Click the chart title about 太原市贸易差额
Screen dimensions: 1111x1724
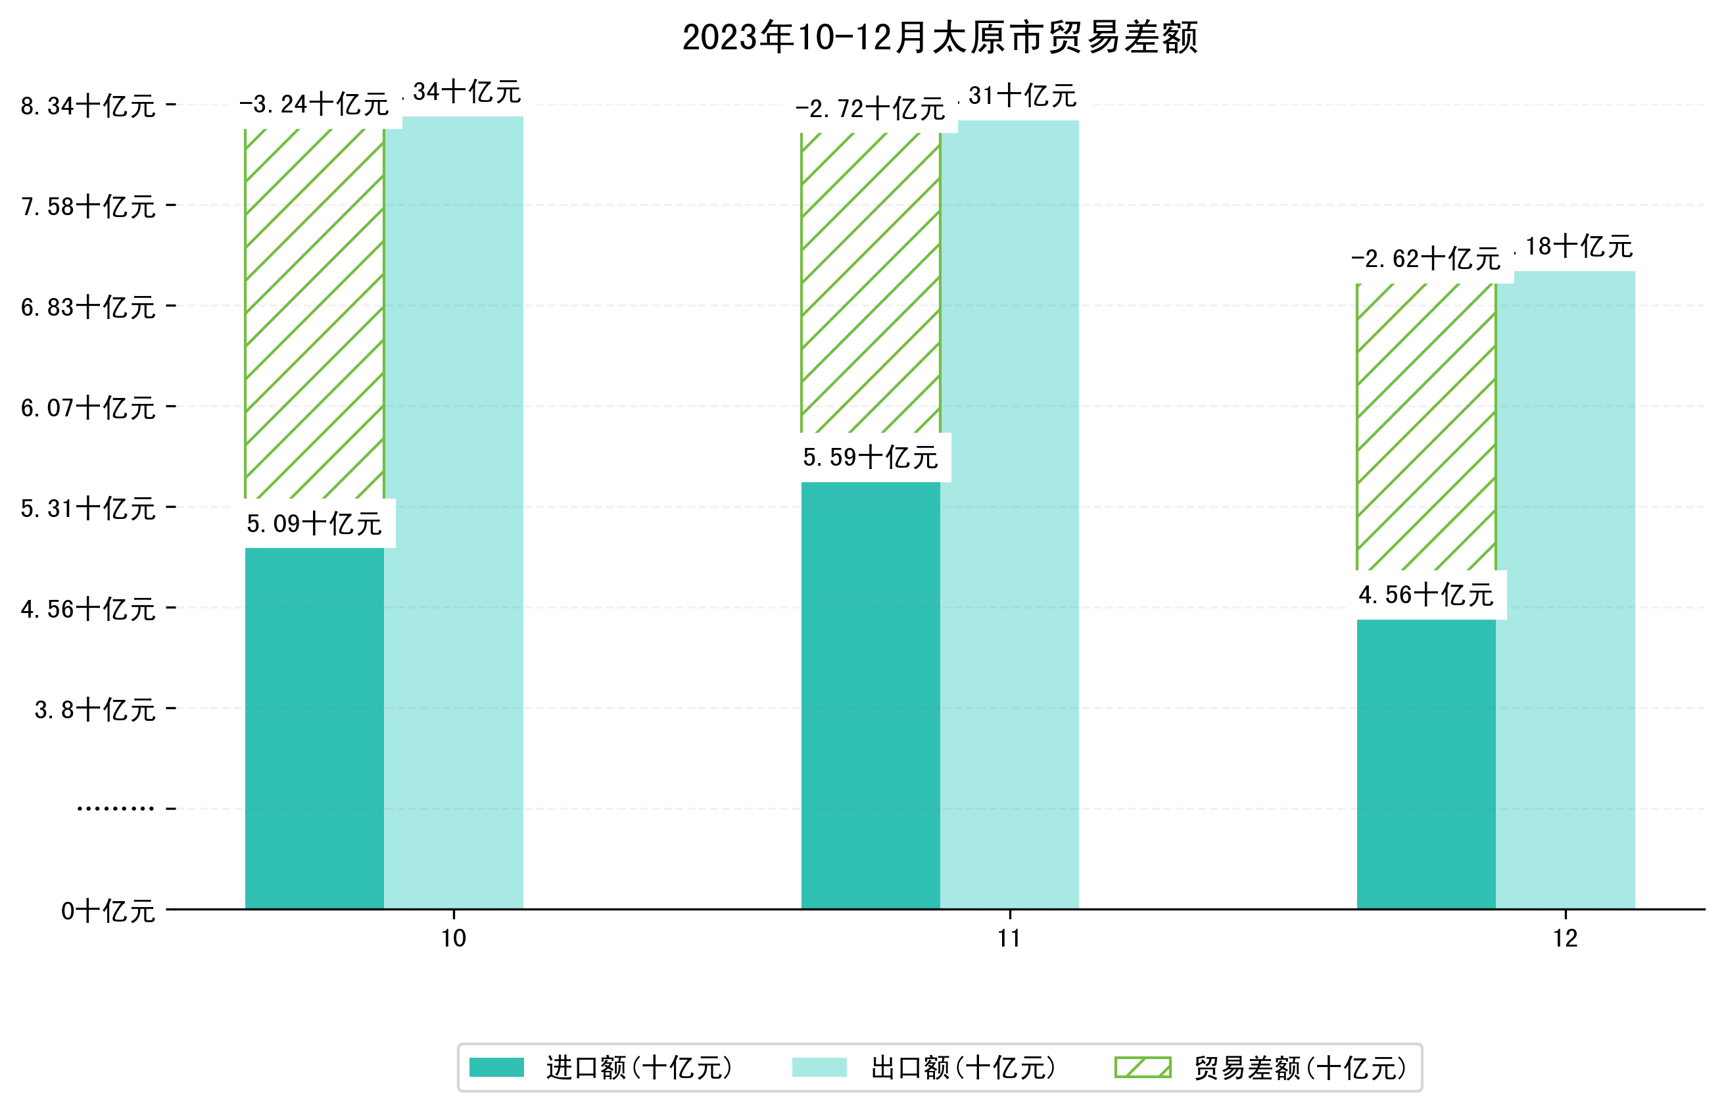(x=939, y=37)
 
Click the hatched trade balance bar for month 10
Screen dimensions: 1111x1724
(x=314, y=314)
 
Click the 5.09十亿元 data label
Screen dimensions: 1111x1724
(x=314, y=524)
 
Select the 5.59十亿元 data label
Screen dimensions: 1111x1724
(x=871, y=457)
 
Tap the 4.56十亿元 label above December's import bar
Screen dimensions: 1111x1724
(x=1425, y=595)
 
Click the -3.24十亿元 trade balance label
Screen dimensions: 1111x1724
(x=314, y=105)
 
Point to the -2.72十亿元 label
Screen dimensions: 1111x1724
(x=871, y=110)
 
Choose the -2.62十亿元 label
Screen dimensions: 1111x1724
(x=1425, y=259)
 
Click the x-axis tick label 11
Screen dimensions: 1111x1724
(x=1009, y=939)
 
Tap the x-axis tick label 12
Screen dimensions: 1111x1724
(x=1565, y=939)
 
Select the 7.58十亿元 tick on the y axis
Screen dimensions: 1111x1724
(x=88, y=207)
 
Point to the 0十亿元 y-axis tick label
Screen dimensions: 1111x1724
(x=108, y=912)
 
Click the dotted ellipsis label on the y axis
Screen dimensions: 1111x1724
(x=115, y=808)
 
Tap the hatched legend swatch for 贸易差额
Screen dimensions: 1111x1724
(x=1142, y=1067)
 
